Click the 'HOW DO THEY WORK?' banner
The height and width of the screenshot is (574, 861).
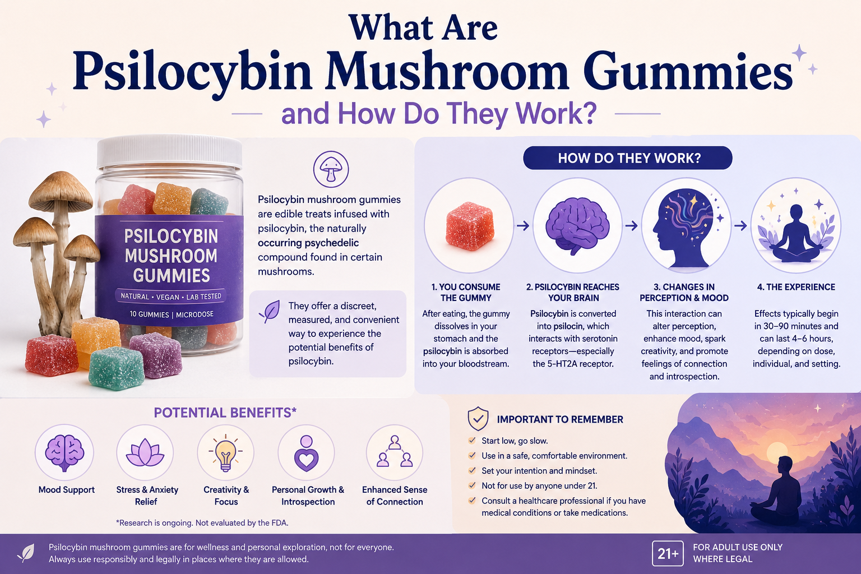coord(628,158)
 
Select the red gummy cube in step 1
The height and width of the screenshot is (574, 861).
coord(469,226)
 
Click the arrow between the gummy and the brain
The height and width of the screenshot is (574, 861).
coord(523,226)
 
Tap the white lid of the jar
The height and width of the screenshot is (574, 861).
coord(169,152)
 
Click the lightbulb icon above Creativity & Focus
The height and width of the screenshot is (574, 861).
coord(225,453)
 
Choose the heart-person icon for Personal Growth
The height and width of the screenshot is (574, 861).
coord(306,453)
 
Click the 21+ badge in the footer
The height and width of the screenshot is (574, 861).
coord(668,554)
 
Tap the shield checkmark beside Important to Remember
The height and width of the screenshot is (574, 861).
coord(478,419)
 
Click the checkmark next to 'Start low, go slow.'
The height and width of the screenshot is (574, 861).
coord(472,441)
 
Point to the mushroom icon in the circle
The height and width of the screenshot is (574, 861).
coord(331,169)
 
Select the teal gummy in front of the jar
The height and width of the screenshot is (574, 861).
coord(116,368)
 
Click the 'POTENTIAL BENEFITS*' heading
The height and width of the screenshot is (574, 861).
coord(225,413)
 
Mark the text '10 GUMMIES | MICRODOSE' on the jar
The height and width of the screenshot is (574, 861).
coord(172,314)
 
